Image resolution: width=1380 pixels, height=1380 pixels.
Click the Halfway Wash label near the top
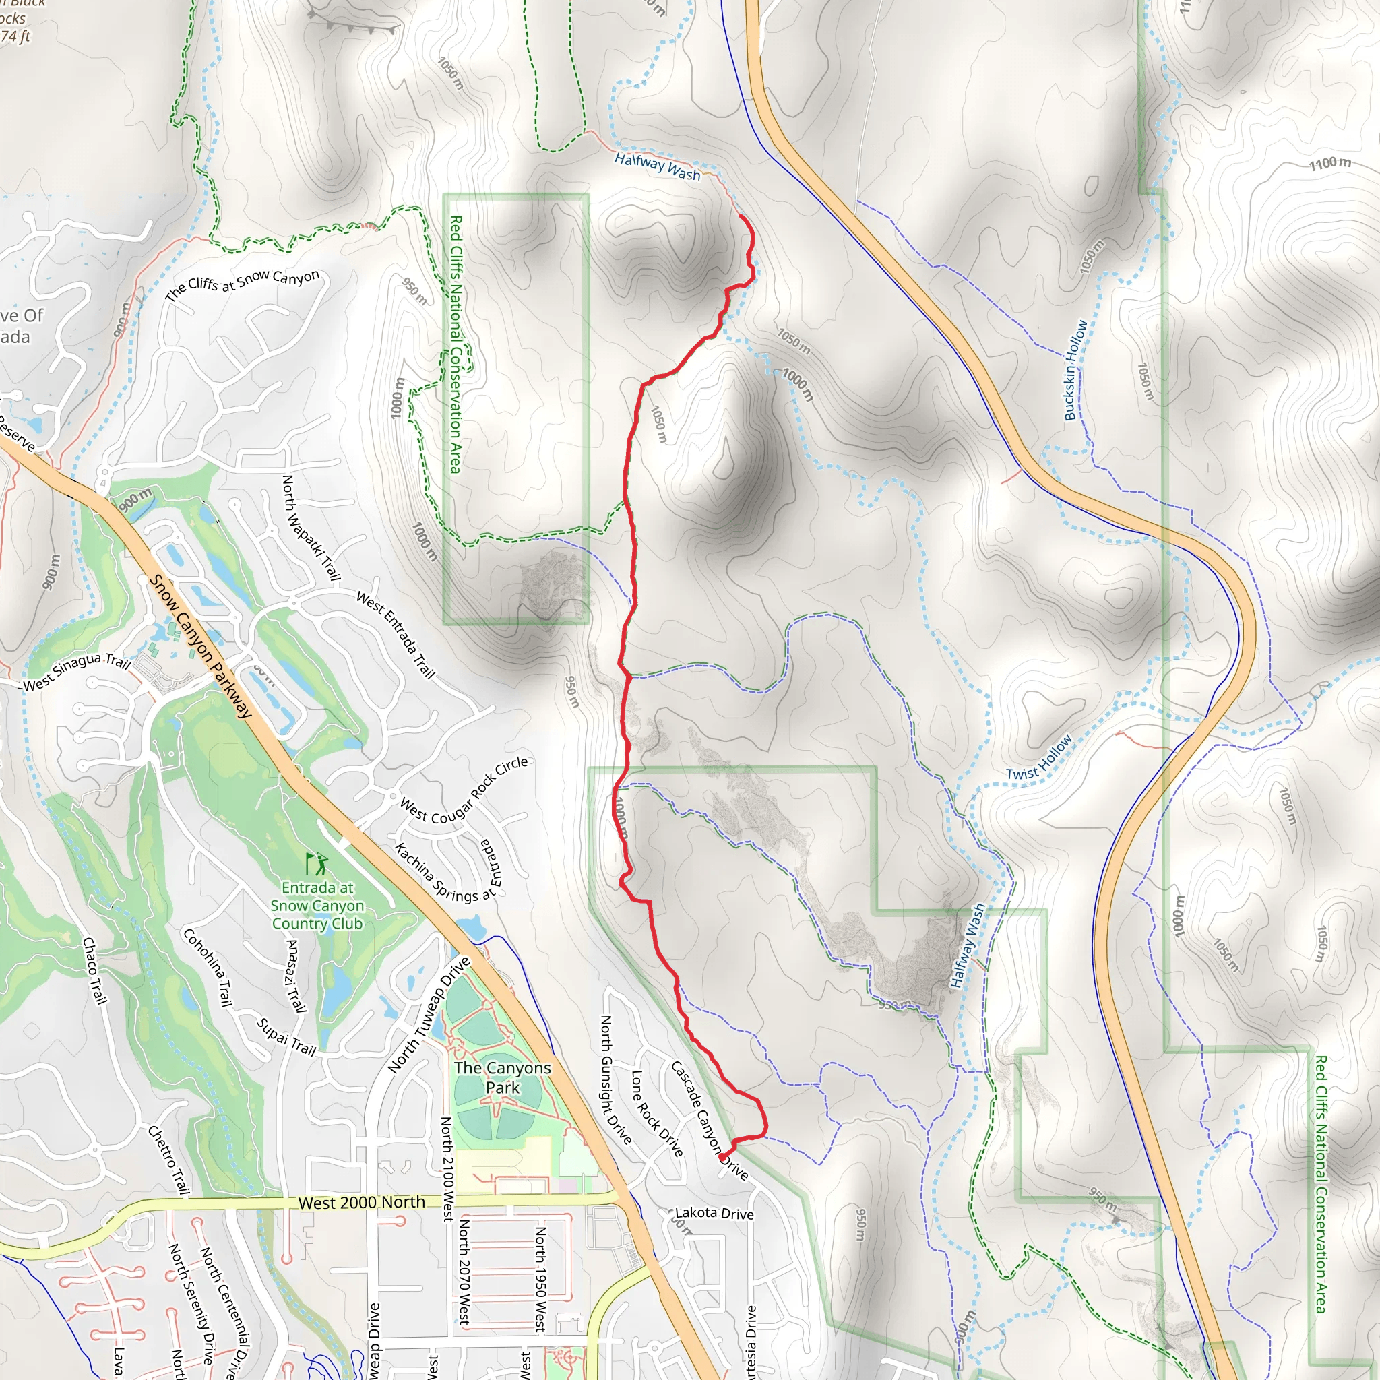tap(657, 166)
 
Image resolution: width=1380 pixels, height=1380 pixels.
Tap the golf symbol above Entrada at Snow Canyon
tap(317, 865)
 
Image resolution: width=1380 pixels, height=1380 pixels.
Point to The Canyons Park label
tap(502, 1077)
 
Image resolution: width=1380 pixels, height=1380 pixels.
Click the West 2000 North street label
tap(361, 1203)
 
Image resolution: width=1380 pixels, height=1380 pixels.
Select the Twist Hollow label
tap(1039, 758)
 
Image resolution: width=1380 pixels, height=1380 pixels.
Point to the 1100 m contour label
tap(1329, 163)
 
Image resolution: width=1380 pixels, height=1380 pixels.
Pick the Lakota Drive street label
tap(714, 1213)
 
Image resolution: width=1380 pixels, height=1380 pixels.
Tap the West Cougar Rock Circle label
tap(464, 792)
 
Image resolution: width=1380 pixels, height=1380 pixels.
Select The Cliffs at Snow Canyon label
tap(241, 284)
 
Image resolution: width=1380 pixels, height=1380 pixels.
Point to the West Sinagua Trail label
tap(77, 671)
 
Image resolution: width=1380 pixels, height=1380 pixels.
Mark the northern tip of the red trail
tap(739, 216)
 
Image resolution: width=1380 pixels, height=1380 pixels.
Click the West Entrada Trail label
tap(395, 634)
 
